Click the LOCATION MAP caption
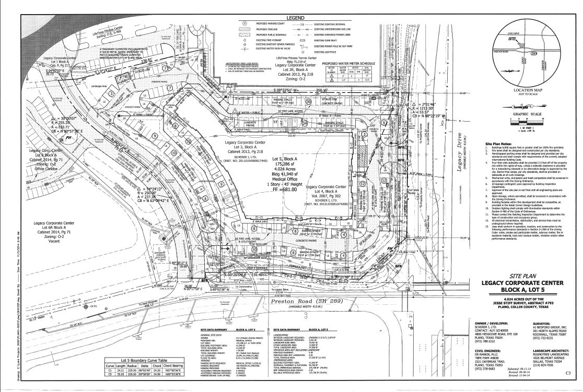(523, 90)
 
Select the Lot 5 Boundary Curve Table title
(143, 360)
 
